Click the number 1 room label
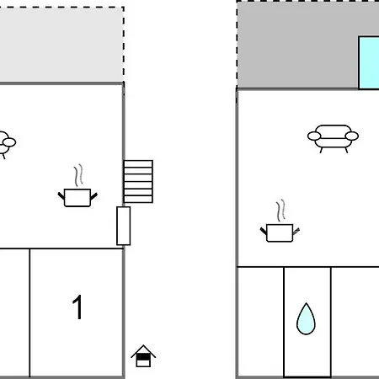(77, 307)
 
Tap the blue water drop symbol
(306, 318)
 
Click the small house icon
(143, 356)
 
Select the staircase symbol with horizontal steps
(138, 181)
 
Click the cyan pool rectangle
(369, 62)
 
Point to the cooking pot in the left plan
(77, 198)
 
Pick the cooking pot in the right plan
(280, 232)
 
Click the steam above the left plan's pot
(78, 175)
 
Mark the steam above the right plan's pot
(280, 211)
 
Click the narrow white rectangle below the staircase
(124, 226)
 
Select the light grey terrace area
(61, 45)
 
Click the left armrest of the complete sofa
(314, 136)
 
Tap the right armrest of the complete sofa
(352, 136)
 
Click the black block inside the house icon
(143, 357)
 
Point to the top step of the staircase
(138, 163)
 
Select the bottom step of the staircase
(138, 199)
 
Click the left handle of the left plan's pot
(61, 195)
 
